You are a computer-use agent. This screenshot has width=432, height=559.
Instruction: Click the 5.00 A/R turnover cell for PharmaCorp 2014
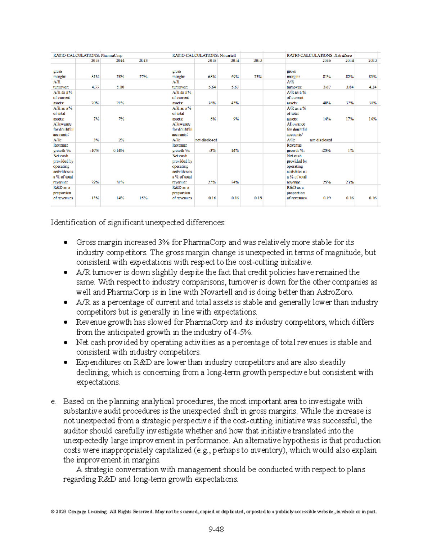pos(120,87)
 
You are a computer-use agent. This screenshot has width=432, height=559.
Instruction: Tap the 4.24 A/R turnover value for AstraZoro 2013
pos(372,87)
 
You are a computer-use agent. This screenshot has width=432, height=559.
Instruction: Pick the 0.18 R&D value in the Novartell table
pos(258,198)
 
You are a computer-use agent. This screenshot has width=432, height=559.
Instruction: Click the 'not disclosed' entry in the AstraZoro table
pos(321,140)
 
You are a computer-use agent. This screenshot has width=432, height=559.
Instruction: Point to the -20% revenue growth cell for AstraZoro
pos(326,150)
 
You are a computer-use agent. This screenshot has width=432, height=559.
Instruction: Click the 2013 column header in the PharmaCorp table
pos(143,61)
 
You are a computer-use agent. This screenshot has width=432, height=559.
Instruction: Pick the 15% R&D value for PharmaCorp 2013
pos(143,198)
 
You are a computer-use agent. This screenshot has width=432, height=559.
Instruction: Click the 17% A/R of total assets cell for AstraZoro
pos(350,119)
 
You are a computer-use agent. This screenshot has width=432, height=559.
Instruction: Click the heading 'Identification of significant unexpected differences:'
pos(138,222)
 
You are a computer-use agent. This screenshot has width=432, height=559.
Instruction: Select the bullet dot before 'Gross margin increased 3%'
pos(66,243)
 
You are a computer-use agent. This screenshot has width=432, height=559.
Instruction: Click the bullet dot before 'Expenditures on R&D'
pos(66,362)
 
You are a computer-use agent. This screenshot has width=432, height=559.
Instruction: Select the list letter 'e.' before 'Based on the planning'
pos(53,401)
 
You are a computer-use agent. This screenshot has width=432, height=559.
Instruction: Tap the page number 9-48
pos(216,529)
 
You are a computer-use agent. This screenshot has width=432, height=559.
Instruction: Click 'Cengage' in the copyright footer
pos(77,511)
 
